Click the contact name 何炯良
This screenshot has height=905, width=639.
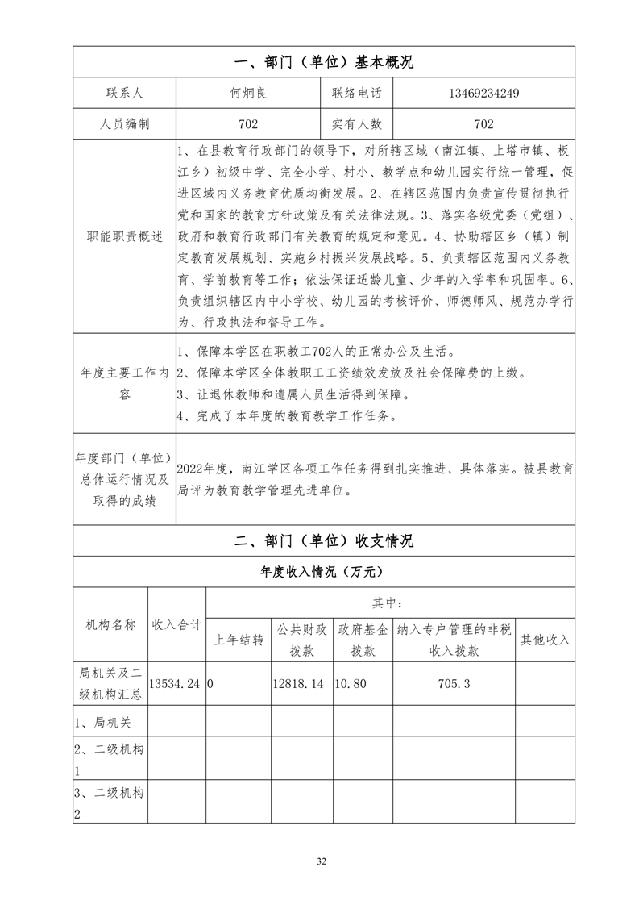pos(248,93)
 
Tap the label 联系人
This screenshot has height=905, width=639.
pos(124,93)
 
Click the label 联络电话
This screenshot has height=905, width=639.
pos(357,93)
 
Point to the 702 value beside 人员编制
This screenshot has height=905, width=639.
pos(248,124)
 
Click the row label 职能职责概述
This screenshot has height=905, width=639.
pos(124,236)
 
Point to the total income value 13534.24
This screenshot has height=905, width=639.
pos(176,683)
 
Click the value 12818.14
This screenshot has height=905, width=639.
pos(298,683)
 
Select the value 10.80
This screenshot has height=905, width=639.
pos(351,683)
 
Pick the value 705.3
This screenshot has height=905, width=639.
pos(455,683)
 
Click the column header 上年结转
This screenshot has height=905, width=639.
pos(239,640)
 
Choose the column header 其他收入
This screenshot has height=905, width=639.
pos(545,640)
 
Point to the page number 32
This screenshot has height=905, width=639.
pos(322,862)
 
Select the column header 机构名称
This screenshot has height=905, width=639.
pos(110,625)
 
